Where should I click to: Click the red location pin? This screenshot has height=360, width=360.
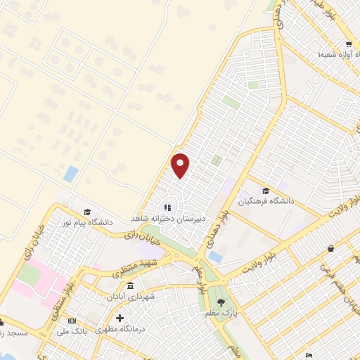[x=181, y=165]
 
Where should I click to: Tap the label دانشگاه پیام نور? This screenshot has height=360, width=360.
[x=86, y=222]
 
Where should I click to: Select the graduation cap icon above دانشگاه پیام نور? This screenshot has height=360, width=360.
[x=87, y=212]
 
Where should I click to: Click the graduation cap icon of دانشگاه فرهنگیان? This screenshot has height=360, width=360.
[x=265, y=191]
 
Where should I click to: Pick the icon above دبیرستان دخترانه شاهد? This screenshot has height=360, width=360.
[x=167, y=207]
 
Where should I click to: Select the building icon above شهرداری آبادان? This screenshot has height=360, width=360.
[x=131, y=286]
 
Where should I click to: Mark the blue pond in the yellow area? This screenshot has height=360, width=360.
[x=70, y=174]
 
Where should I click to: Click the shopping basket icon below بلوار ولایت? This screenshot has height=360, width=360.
[x=330, y=247]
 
